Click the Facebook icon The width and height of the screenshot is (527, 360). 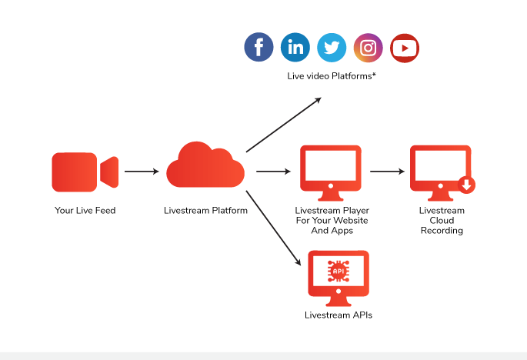[x=259, y=48]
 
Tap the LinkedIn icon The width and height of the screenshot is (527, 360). [x=295, y=48]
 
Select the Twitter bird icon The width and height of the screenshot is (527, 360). [x=332, y=48]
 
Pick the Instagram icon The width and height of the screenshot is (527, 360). [x=369, y=48]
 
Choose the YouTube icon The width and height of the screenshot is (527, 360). [x=405, y=48]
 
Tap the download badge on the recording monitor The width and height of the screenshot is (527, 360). [x=466, y=185]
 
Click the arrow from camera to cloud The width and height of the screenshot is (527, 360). [x=141, y=172]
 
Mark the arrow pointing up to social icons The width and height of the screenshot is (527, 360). [x=283, y=125]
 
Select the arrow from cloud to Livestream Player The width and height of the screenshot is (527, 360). [x=273, y=172]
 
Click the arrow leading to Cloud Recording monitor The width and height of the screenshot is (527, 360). [x=387, y=172]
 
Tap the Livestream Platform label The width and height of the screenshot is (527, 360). [x=205, y=210]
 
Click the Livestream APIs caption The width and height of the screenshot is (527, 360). [x=339, y=315]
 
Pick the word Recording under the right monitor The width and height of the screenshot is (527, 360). [x=442, y=231]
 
